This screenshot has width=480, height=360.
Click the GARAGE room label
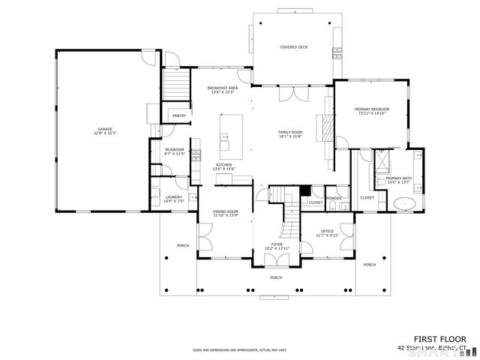(105, 129)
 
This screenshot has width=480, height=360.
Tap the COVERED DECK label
(294, 47)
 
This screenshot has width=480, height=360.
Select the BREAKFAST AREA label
(222, 88)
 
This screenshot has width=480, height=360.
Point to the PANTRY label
(179, 115)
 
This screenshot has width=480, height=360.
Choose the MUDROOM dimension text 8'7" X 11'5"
(175, 154)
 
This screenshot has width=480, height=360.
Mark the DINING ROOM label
(225, 211)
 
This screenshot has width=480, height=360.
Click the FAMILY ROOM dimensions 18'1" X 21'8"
(290, 136)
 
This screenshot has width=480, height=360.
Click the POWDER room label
(334, 198)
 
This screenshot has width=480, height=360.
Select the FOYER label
(277, 244)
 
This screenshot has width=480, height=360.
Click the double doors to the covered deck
(292, 94)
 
